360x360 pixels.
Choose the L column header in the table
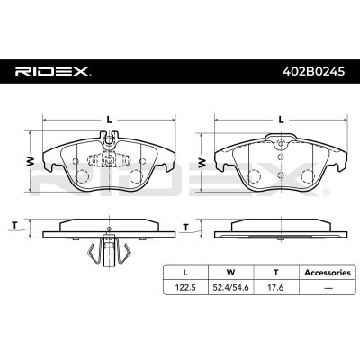[185, 271]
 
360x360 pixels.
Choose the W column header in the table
[229, 271]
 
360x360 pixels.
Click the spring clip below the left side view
[106, 254]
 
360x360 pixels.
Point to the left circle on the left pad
[80, 175]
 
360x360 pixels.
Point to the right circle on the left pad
[135, 175]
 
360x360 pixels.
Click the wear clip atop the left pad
[107, 138]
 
